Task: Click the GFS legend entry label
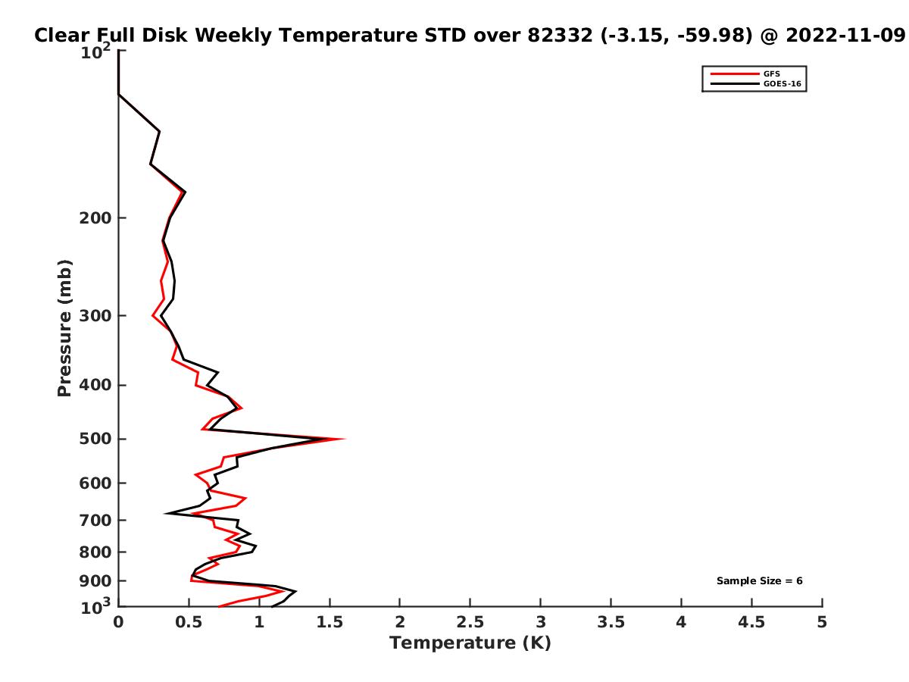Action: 771,74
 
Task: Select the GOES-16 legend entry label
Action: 782,83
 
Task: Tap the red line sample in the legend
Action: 734,74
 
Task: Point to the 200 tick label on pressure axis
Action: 95,217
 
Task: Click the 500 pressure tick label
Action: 95,439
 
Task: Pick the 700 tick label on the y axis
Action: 95,520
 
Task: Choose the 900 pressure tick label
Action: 95,581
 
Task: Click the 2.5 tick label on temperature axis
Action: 470,622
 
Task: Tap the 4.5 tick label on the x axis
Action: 751,622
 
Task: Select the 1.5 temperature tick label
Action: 330,622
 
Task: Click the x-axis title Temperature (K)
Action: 470,643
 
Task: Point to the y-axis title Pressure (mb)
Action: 64,328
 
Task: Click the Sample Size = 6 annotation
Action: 759,581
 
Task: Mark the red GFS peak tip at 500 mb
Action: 344,439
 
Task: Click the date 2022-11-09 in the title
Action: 845,36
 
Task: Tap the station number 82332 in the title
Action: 560,36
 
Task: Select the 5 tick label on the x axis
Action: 822,622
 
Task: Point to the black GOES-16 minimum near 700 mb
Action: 166,514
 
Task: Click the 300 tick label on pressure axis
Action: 95,315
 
